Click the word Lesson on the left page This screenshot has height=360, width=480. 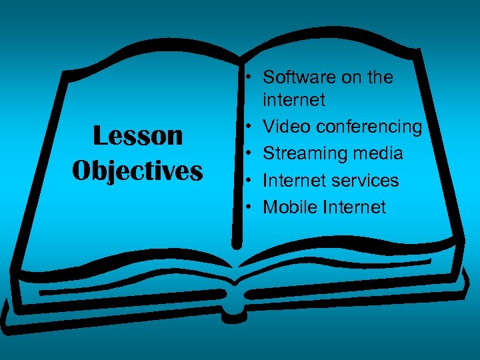click(x=137, y=136)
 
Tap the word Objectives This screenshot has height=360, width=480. click(x=137, y=171)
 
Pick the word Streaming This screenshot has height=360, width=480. click(x=304, y=154)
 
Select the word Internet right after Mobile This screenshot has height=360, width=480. click(x=354, y=207)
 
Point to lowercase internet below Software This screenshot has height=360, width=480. click(x=294, y=101)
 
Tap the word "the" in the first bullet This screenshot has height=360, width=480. click(x=380, y=77)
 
